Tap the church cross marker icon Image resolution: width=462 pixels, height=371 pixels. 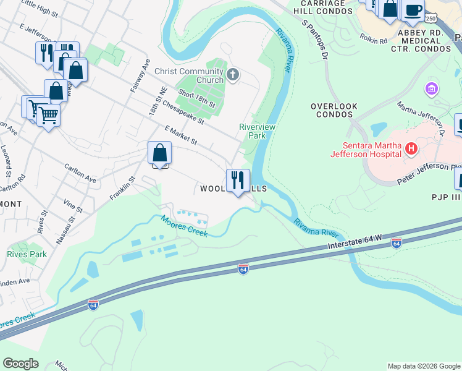233,75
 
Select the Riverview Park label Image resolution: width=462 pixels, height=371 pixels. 253,130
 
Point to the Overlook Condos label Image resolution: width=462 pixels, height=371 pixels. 334,110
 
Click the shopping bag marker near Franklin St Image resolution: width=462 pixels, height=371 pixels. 159,153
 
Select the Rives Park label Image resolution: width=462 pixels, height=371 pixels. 27,254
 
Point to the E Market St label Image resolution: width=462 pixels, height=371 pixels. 181,136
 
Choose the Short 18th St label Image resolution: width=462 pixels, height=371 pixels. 196,98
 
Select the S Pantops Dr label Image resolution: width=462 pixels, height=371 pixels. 314,38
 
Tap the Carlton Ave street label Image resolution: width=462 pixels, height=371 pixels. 80,173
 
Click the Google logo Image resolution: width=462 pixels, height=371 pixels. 20,364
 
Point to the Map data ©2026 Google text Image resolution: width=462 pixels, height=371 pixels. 424,366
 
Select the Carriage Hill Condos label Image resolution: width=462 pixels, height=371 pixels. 319,7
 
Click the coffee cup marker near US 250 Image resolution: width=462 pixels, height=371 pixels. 413,10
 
